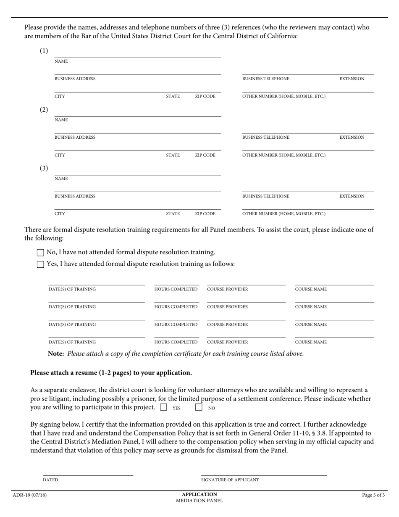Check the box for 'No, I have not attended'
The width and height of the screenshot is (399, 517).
[x=40, y=253]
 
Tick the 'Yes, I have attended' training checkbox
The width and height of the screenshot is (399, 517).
[x=40, y=264]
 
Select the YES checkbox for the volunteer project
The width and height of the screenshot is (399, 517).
[x=164, y=407]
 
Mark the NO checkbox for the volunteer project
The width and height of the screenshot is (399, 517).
[x=199, y=407]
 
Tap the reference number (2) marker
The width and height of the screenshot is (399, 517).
[x=44, y=110]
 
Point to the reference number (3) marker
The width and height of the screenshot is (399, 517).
[x=44, y=168]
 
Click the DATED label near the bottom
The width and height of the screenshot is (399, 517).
[x=50, y=480]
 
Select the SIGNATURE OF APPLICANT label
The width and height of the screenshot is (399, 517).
[x=230, y=480]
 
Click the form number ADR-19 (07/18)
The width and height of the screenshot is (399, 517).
[x=30, y=495]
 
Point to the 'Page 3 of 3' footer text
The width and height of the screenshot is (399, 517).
[x=373, y=495]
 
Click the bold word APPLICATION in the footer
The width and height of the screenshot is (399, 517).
[x=199, y=494]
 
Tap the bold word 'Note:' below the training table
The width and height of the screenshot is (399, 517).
[x=56, y=353]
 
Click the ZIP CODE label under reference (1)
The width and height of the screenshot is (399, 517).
[x=205, y=96]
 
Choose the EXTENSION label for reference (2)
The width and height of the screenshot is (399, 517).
[x=352, y=137]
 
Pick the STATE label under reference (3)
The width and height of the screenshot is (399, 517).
[x=173, y=214]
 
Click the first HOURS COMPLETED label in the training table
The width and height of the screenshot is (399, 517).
[x=176, y=289]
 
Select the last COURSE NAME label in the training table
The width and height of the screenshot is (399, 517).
[x=311, y=342]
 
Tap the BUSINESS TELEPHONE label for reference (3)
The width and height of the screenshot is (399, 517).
[x=266, y=196]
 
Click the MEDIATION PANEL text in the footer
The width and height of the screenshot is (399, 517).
[x=199, y=501]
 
